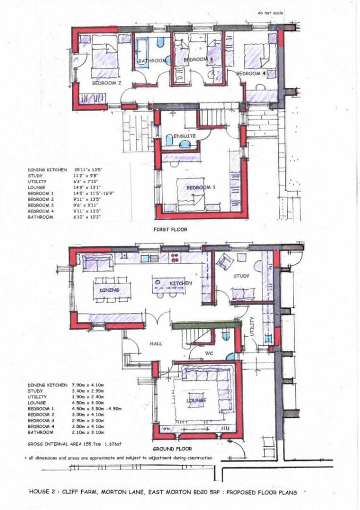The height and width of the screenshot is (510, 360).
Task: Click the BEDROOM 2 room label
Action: pos(107,83)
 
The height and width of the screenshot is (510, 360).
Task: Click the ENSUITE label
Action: pos(184,135)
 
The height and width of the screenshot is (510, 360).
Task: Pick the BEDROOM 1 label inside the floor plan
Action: pos(201,188)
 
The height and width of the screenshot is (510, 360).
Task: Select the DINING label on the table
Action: pos(110,289)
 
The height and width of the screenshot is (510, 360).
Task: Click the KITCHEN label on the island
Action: pos(181,283)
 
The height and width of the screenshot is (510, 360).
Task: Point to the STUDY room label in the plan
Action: pos(241,275)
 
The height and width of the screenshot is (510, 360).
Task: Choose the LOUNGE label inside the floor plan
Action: pos(196,400)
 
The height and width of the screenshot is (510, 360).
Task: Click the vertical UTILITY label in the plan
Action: pos(252,326)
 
